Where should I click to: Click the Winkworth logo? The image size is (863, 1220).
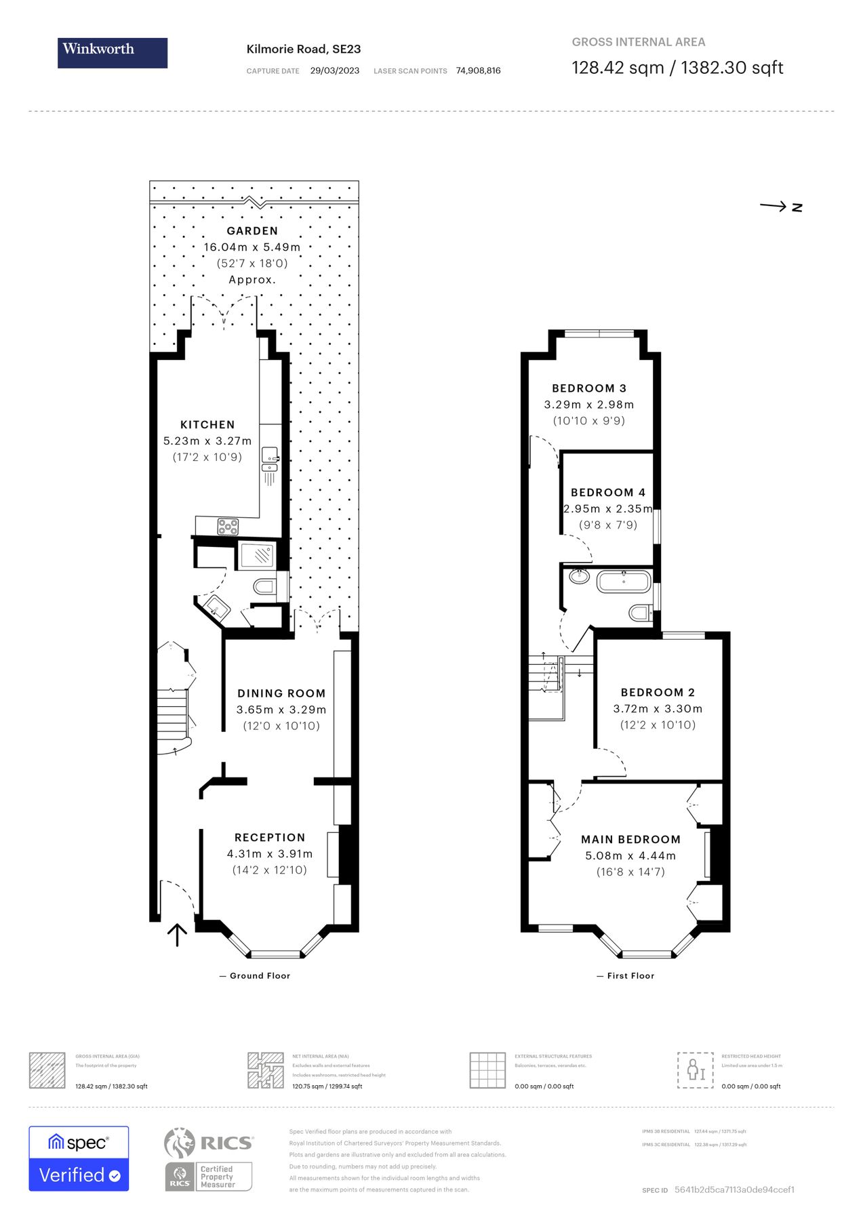[113, 53]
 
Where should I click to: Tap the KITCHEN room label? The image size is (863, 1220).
[207, 425]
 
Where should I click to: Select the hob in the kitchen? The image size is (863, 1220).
[228, 526]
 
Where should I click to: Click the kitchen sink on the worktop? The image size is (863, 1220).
[270, 459]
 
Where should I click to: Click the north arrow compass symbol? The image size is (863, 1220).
[781, 207]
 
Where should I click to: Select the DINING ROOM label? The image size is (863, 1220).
[281, 693]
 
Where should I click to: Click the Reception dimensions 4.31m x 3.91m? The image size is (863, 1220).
[270, 854]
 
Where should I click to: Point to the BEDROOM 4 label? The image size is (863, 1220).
[608, 493]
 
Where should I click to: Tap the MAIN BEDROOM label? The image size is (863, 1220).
[630, 840]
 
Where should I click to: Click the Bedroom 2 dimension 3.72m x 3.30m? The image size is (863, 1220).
[658, 709]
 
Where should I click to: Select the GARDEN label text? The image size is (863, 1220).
[252, 231]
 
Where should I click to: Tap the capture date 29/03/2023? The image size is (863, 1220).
[335, 70]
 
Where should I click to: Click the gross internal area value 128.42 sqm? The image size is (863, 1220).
[618, 68]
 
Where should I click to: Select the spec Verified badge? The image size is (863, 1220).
[79, 1158]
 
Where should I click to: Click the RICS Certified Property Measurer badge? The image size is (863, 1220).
[209, 1159]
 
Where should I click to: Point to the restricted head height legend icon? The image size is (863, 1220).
[695, 1070]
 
